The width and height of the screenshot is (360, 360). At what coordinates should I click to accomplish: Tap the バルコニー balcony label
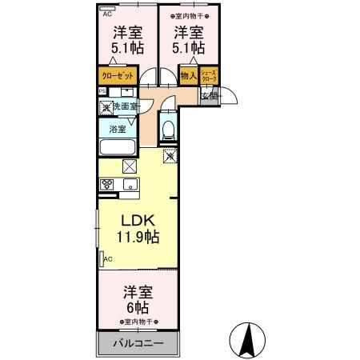[x=136, y=343]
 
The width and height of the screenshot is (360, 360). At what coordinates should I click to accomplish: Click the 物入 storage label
[x=189, y=77]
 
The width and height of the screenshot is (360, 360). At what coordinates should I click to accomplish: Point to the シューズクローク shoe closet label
[x=208, y=77]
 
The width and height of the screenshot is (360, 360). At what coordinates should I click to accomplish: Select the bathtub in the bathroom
[x=118, y=148]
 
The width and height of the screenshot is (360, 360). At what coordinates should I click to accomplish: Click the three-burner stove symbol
[x=108, y=184]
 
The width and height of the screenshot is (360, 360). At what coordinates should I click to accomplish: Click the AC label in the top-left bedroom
[x=106, y=14]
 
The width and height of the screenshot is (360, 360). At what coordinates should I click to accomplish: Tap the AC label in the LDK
[x=107, y=260]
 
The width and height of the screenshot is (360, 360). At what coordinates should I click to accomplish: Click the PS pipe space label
[x=102, y=90]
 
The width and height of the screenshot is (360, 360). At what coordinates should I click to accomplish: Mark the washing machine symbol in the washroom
[x=106, y=106]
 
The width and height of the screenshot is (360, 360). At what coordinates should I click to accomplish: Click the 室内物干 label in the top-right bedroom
[x=189, y=14]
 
